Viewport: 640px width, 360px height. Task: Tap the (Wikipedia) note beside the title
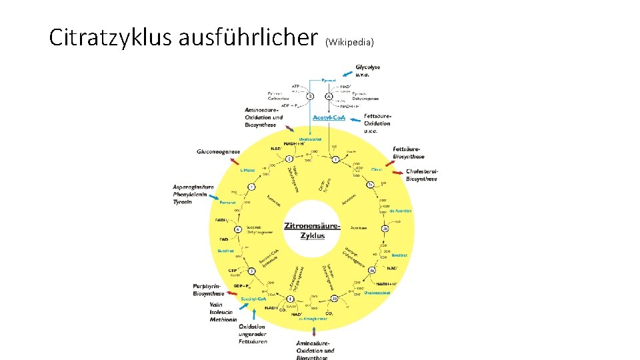(349, 43)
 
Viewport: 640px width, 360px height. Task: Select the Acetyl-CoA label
(329, 118)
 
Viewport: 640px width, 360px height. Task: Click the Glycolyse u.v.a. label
(368, 71)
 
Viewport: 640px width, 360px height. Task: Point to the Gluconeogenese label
(218, 152)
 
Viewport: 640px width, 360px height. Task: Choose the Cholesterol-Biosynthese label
(422, 175)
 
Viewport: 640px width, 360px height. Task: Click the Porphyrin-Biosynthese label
(209, 289)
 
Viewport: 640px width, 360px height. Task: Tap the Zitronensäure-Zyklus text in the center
(312, 230)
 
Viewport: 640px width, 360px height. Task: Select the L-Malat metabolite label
(247, 170)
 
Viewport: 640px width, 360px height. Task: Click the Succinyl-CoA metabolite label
(254, 299)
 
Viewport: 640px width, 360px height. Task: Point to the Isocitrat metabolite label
(399, 255)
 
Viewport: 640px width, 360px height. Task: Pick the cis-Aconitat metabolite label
(400, 211)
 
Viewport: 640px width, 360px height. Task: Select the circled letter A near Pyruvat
(329, 97)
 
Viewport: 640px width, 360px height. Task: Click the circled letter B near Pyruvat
(310, 97)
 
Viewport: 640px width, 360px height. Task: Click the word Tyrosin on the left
(183, 201)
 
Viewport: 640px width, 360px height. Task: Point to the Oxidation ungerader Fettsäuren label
(253, 334)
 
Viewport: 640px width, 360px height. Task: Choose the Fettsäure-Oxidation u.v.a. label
(377, 123)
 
